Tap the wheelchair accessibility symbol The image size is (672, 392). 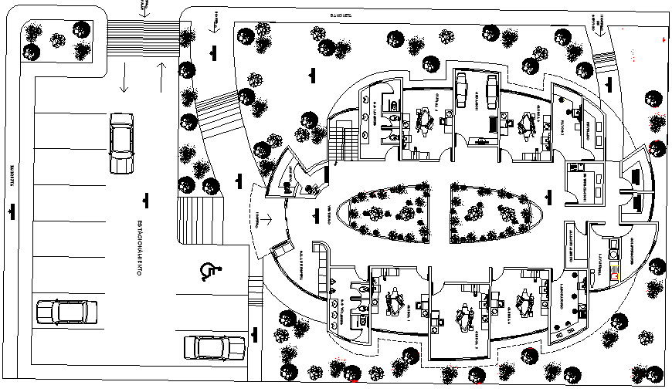pyautogui.click(x=209, y=270)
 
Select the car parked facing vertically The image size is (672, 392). pyautogui.click(x=121, y=143)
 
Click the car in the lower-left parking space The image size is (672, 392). pyautogui.click(x=67, y=312)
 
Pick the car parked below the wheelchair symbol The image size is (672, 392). pyautogui.click(x=214, y=347)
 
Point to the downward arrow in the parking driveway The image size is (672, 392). pyautogui.click(x=124, y=79)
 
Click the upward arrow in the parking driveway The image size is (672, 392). pyautogui.click(x=160, y=75)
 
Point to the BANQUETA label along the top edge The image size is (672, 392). pyautogui.click(x=341, y=15)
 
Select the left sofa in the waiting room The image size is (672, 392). pyautogui.click(x=462, y=91)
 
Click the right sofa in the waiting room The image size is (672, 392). pyautogui.click(x=490, y=91)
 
